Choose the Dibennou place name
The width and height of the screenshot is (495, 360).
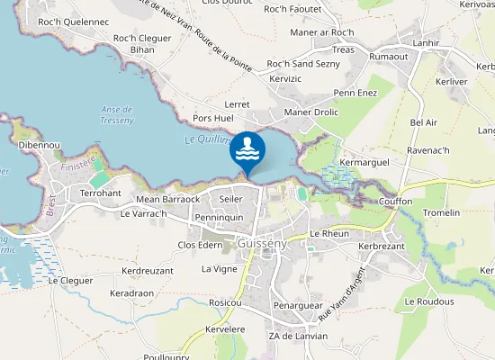tap(39, 145)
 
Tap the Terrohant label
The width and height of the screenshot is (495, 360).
tap(100, 193)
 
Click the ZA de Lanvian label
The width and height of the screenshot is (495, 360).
tap(298, 336)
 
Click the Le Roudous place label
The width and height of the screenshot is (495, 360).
tap(428, 301)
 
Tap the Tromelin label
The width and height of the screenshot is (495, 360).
tap(441, 212)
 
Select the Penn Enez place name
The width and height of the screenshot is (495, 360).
tap(355, 93)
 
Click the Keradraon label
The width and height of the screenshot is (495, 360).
tap(134, 293)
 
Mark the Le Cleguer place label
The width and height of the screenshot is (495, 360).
tap(70, 280)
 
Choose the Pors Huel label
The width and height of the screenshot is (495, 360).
tap(212, 118)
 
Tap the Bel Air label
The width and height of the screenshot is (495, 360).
tap(423, 121)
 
